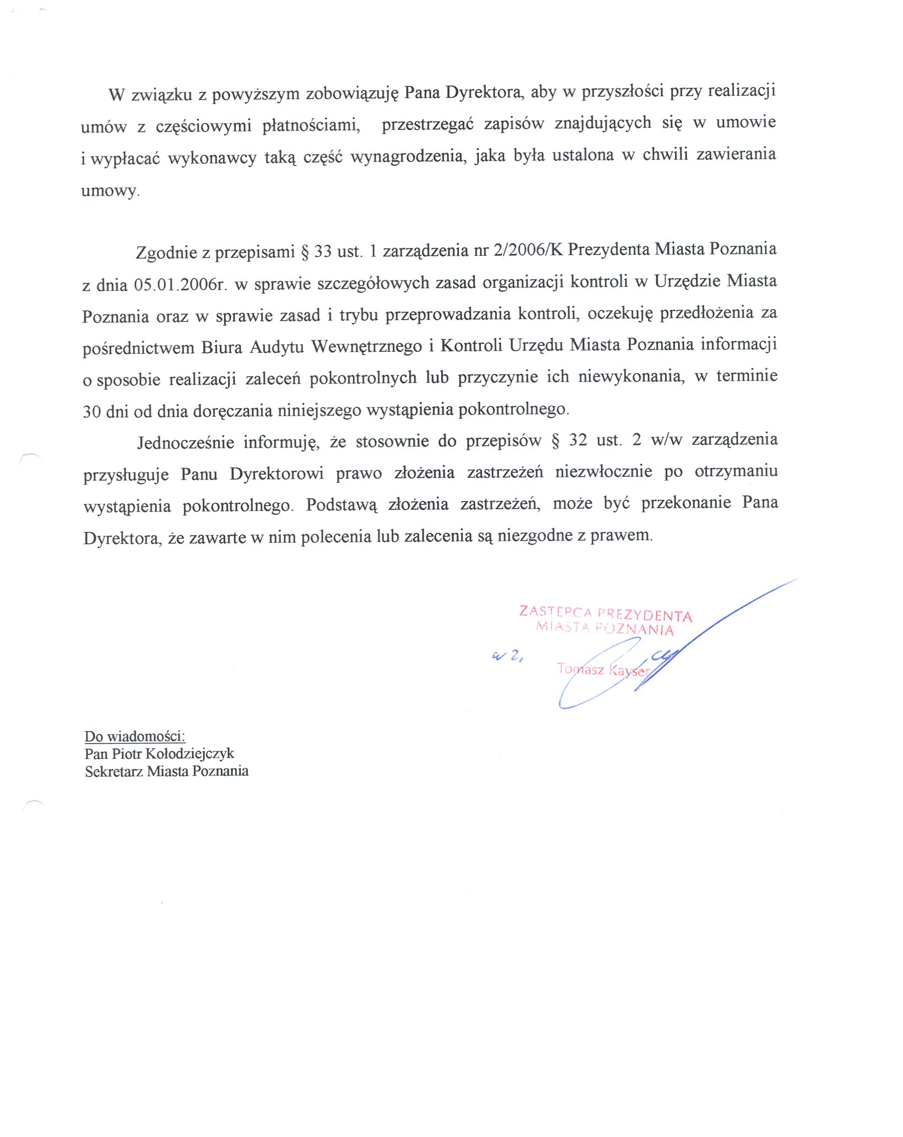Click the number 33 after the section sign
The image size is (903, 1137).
tap(323, 252)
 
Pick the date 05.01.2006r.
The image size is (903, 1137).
tap(180, 284)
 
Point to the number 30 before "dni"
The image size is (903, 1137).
tap(91, 411)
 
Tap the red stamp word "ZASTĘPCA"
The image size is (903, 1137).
tap(555, 611)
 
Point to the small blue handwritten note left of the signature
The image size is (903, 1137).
tap(507, 655)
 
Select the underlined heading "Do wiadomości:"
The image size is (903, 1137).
tap(135, 736)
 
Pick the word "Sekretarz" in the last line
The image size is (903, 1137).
tap(114, 771)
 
